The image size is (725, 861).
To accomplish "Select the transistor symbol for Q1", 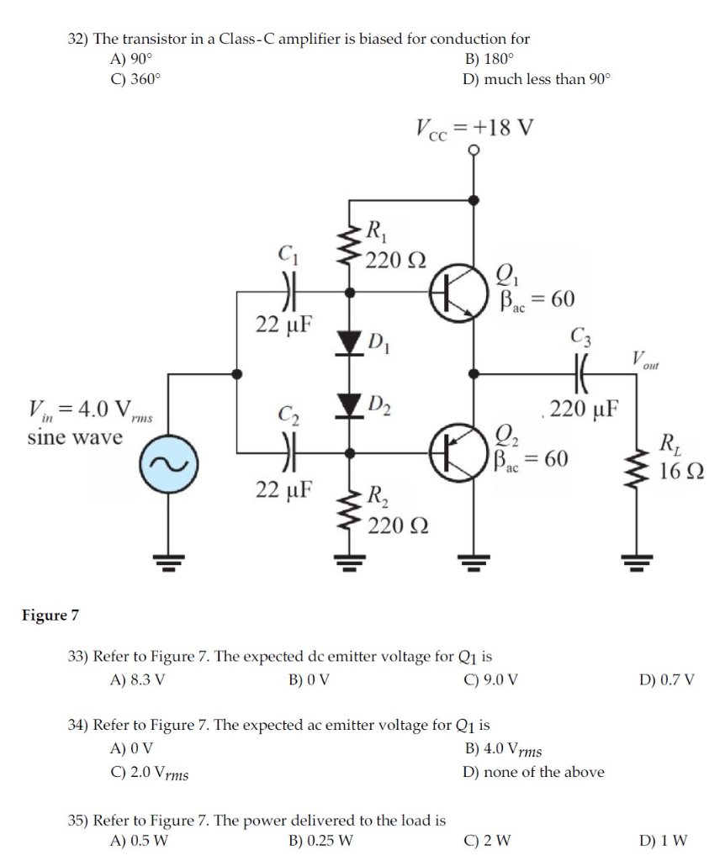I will tap(453, 294).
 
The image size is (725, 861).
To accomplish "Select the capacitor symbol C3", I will tap(582, 370).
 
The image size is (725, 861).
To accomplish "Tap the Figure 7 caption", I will tap(50, 615).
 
